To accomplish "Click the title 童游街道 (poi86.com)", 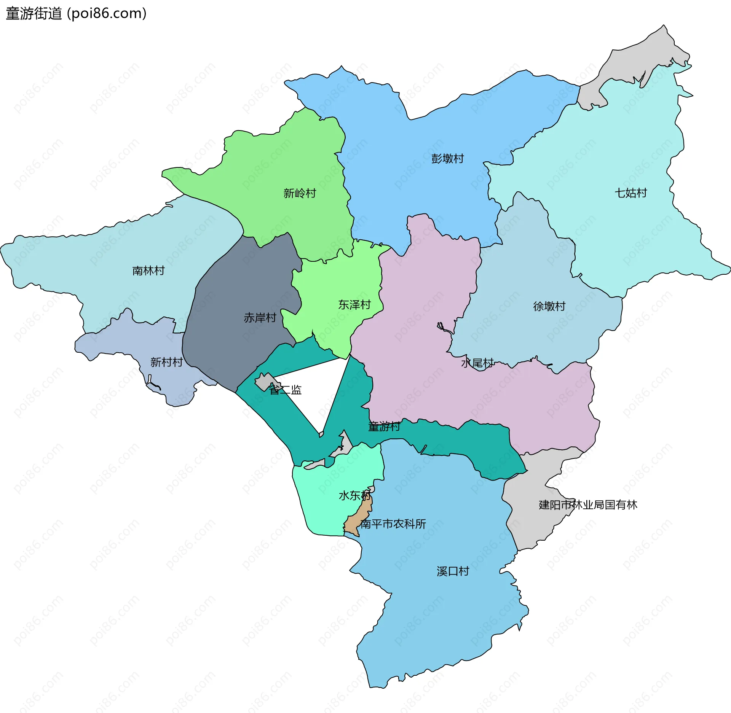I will pos(76,14).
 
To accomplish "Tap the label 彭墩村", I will pos(447,159).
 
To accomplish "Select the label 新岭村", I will pos(300,193).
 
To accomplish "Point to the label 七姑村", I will pos(631,193).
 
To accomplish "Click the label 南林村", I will pos(148,271).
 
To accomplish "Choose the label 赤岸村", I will pos(260,318).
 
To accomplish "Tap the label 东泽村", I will pos(354,305).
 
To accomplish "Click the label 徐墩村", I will pos(549,306).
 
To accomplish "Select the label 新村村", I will pos(166,362).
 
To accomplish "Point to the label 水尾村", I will pos(477,363).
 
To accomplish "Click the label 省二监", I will pos(286,390).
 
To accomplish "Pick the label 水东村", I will pos(354,495).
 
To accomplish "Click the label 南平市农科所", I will pos(393,524).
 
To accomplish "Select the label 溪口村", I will pos(453,571).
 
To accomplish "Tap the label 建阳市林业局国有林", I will pos(588,505).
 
